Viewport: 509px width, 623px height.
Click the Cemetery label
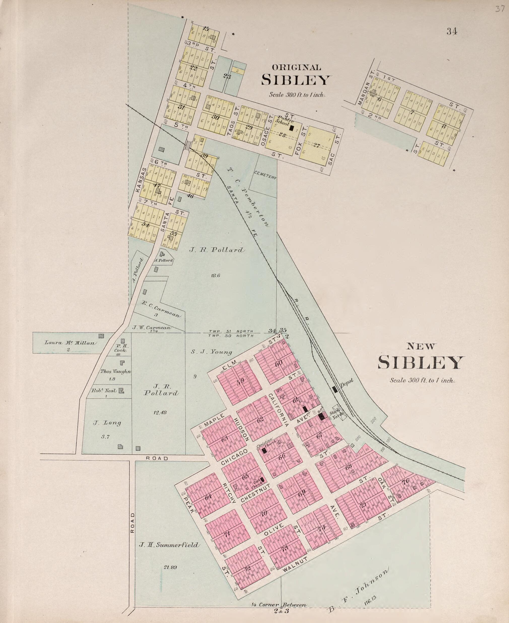(x=265, y=175)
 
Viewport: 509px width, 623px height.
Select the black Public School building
(x=291, y=128)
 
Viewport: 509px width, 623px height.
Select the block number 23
(x=227, y=77)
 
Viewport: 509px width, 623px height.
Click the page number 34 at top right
(x=452, y=31)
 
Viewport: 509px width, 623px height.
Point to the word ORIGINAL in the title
(x=296, y=67)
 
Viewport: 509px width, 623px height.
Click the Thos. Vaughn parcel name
(x=116, y=371)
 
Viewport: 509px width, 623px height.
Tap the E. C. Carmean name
(x=161, y=309)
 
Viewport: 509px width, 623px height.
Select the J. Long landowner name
(x=107, y=423)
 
